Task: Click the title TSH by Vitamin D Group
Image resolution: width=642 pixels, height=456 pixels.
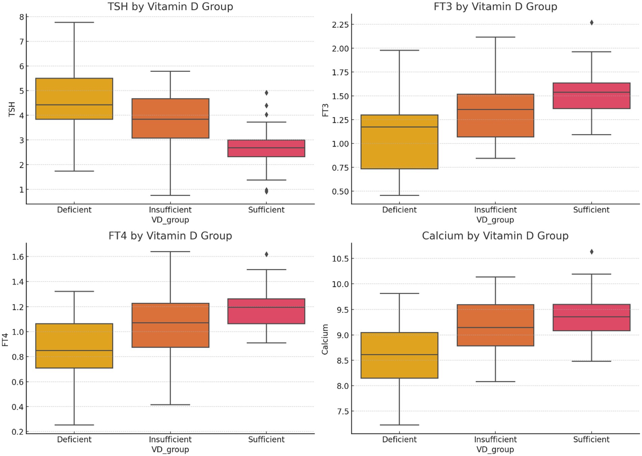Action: pyautogui.click(x=170, y=7)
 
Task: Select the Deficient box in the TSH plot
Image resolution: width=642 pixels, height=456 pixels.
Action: pyautogui.click(x=74, y=99)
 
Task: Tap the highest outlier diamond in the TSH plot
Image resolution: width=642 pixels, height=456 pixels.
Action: pyautogui.click(x=266, y=93)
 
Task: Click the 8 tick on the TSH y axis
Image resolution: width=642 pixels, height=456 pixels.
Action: pyautogui.click(x=22, y=17)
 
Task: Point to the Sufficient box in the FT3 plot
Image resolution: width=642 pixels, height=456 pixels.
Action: pyautogui.click(x=591, y=96)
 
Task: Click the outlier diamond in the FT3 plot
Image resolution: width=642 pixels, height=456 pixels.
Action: pyautogui.click(x=591, y=23)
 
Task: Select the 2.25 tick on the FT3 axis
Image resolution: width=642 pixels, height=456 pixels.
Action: pyautogui.click(x=340, y=25)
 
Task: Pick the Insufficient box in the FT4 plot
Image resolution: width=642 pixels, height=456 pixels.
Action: pyautogui.click(x=170, y=325)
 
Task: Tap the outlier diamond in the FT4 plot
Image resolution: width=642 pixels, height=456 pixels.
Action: pyautogui.click(x=266, y=254)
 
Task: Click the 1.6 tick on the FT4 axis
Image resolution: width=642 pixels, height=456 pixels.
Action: pyautogui.click(x=18, y=257)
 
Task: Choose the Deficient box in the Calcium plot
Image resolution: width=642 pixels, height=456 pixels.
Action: pyautogui.click(x=399, y=355)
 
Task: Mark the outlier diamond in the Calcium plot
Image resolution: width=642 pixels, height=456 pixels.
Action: pyautogui.click(x=591, y=252)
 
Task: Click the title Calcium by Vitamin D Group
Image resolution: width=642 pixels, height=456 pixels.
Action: pyautogui.click(x=495, y=236)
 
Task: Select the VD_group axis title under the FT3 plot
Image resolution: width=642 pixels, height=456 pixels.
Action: pyautogui.click(x=495, y=220)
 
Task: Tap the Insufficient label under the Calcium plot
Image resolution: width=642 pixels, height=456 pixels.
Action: pyautogui.click(x=495, y=439)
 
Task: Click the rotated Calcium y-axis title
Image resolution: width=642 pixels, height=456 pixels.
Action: pyautogui.click(x=325, y=339)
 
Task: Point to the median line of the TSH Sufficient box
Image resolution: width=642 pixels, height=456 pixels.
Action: pyautogui.click(x=266, y=148)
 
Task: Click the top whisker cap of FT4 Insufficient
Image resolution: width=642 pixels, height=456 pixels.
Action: pyautogui.click(x=170, y=251)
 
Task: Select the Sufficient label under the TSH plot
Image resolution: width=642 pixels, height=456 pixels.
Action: pyautogui.click(x=266, y=210)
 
